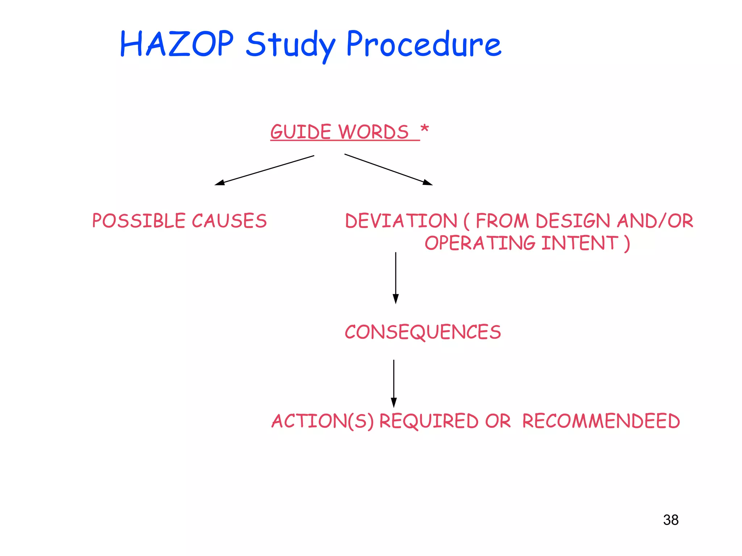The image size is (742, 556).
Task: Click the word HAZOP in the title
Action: (x=177, y=44)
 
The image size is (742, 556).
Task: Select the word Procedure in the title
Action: (x=424, y=44)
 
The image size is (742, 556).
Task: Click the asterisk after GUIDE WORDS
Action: (x=425, y=129)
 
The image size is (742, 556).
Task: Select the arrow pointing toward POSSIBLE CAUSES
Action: (x=264, y=170)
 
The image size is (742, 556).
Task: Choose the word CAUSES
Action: (x=229, y=221)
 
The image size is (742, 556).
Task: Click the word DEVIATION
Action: (x=401, y=221)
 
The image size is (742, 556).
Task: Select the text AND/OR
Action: (x=655, y=221)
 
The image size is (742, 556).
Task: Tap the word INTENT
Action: (x=580, y=243)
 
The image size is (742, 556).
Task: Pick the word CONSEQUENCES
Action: (x=423, y=332)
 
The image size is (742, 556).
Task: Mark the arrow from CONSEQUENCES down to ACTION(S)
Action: (x=394, y=383)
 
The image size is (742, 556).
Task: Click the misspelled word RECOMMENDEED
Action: (x=601, y=421)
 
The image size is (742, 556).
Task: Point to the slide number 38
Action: (x=671, y=520)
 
